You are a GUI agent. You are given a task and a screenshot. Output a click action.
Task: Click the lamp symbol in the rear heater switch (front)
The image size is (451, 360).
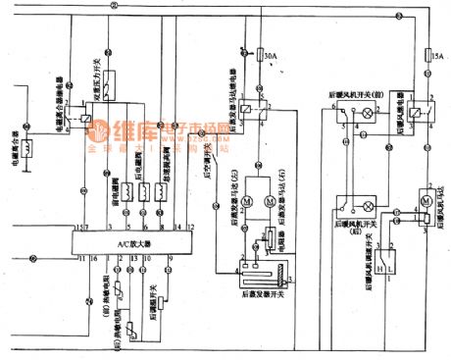(x=368, y=114)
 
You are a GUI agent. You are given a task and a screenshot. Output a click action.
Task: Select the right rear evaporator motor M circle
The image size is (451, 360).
(x=267, y=201)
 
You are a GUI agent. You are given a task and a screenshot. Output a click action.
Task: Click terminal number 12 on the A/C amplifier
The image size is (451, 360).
(x=177, y=228)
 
